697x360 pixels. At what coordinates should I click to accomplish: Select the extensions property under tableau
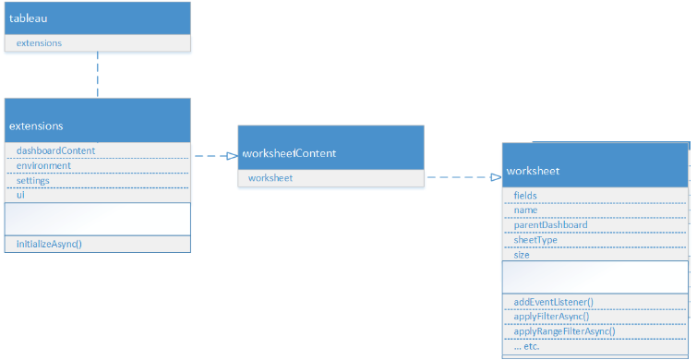pyautogui.click(x=40, y=43)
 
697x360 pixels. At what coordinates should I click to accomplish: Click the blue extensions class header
pyautogui.click(x=36, y=125)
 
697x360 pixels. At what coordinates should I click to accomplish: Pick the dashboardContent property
pyautogui.click(x=55, y=150)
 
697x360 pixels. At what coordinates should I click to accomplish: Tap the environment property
pyautogui.click(x=43, y=165)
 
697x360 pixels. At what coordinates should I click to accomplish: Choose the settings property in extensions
pyautogui.click(x=33, y=180)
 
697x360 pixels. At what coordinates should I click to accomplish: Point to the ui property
pyautogui.click(x=20, y=195)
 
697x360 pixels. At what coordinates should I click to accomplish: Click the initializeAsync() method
pyautogui.click(x=49, y=245)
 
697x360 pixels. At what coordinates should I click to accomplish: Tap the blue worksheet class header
pyautogui.click(x=534, y=171)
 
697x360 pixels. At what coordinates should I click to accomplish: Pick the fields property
pyautogui.click(x=525, y=195)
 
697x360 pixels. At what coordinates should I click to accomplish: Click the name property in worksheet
pyautogui.click(x=525, y=210)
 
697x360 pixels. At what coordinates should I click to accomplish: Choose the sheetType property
pyautogui.click(x=535, y=239)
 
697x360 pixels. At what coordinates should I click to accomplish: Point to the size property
pyautogui.click(x=522, y=254)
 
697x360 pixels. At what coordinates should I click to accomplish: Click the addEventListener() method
pyautogui.click(x=553, y=302)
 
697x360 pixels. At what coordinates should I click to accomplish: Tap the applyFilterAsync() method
pyautogui.click(x=551, y=317)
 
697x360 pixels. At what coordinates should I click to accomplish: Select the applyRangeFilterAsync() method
pyautogui.click(x=564, y=331)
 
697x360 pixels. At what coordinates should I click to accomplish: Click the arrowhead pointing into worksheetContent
pyautogui.click(x=233, y=156)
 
